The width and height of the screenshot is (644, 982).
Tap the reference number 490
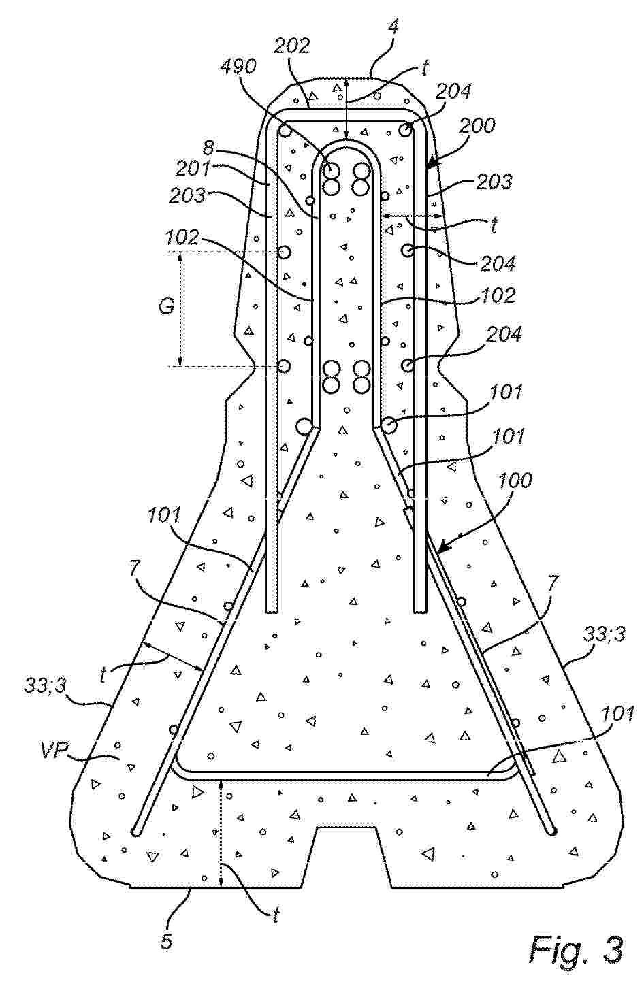pyautogui.click(x=239, y=67)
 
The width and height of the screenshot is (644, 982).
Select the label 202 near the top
pyautogui.click(x=292, y=46)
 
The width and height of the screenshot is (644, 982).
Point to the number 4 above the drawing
pyautogui.click(x=393, y=27)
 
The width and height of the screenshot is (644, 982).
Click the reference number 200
pyautogui.click(x=477, y=127)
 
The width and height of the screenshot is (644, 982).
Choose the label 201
pyautogui.click(x=193, y=169)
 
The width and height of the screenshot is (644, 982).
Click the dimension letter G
pyautogui.click(x=167, y=306)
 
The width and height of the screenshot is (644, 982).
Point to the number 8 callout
pyautogui.click(x=208, y=148)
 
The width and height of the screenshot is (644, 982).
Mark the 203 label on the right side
pyautogui.click(x=494, y=182)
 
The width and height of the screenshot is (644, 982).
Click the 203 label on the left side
pyautogui.click(x=187, y=195)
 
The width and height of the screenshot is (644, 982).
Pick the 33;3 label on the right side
pyautogui.click(x=605, y=634)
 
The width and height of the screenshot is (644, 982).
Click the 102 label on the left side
pyautogui.click(x=182, y=238)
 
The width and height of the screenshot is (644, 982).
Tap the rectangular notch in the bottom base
pyautogui.click(x=347, y=856)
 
